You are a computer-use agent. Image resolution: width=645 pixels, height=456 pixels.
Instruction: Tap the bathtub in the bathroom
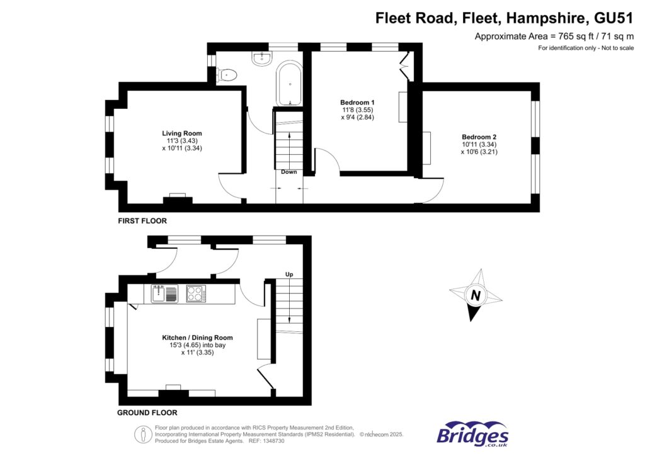pyautogui.click(x=290, y=83)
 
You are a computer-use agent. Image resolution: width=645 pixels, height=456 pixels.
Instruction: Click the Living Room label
pyautogui.click(x=182, y=134)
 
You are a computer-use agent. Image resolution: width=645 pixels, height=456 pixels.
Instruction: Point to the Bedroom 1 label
pyautogui.click(x=357, y=103)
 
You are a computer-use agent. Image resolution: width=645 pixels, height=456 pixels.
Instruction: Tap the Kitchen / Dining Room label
pyautogui.click(x=197, y=338)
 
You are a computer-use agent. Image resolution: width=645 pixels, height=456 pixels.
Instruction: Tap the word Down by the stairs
pyautogui.click(x=289, y=172)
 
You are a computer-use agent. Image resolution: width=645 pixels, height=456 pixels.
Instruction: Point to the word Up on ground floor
pyautogui.click(x=289, y=275)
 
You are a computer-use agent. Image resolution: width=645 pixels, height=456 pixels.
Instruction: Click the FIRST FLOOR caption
pyautogui.click(x=142, y=221)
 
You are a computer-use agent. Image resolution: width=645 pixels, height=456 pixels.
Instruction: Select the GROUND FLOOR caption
pyautogui.click(x=147, y=413)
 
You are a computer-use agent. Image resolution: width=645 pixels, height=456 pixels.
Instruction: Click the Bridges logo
pyautogui.click(x=472, y=435)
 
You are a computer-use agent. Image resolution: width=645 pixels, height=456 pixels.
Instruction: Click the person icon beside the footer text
pyautogui.click(x=140, y=434)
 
